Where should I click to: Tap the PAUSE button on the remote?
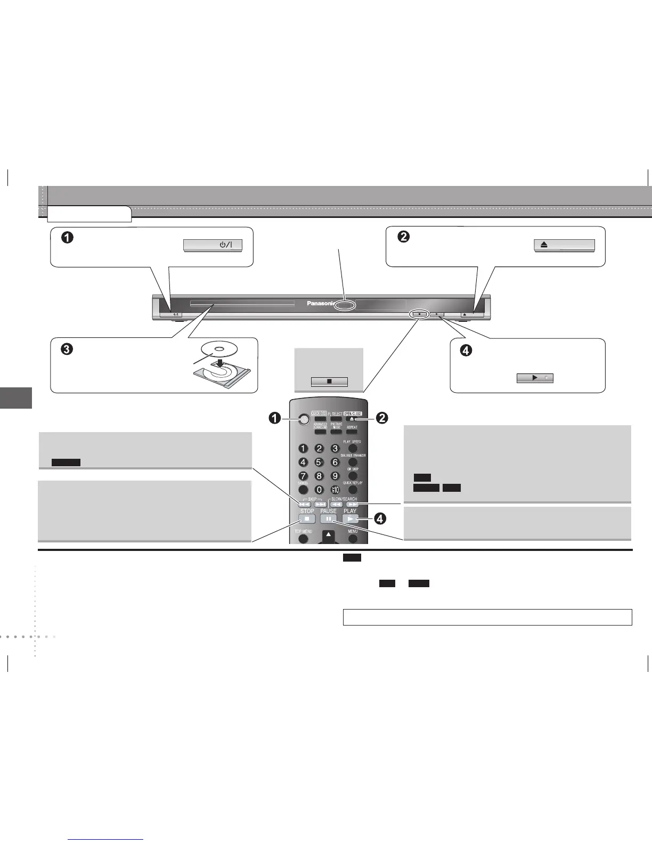[x=329, y=518]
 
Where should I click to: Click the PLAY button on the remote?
[x=350, y=518]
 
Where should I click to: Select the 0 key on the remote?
[x=319, y=489]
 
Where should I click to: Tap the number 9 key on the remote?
[x=335, y=476]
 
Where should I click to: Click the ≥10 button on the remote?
[x=335, y=489]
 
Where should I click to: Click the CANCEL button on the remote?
[x=303, y=489]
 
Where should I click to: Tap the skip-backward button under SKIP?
[x=304, y=504]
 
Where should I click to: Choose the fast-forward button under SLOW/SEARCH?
[x=352, y=504]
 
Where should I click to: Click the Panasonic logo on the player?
[x=320, y=304]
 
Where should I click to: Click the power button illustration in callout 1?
[x=213, y=245]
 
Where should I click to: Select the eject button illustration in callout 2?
[x=564, y=245]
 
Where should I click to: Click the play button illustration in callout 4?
[x=535, y=378]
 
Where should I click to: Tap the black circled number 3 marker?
[x=67, y=350]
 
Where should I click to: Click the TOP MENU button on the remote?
[x=304, y=539]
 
